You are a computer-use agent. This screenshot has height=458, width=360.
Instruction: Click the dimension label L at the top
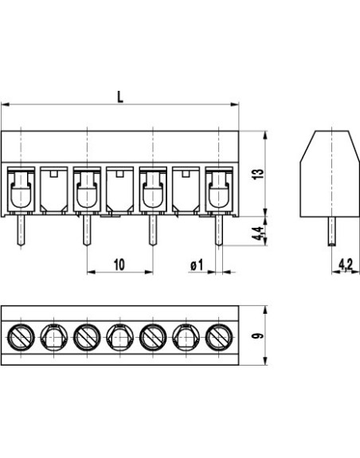point(119,96)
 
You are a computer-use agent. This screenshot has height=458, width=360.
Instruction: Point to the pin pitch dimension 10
point(118,264)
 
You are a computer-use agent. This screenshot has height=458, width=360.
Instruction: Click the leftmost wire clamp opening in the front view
point(21,192)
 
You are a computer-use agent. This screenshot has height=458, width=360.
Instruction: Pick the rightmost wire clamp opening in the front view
point(218,192)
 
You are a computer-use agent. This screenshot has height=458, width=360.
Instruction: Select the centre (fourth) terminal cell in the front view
point(119,191)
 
